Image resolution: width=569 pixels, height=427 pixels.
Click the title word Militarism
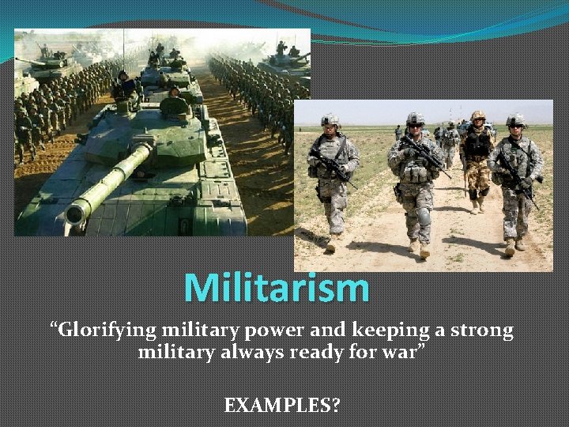click(277, 288)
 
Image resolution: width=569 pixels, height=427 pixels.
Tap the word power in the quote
click(251, 331)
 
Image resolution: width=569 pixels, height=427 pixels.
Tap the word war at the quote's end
click(401, 352)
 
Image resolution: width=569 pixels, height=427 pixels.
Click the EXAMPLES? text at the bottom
click(282, 406)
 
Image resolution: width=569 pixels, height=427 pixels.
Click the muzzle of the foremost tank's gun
click(76, 213)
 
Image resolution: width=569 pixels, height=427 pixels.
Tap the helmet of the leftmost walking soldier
click(330, 119)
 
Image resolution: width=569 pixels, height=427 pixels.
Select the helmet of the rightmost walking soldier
click(516, 119)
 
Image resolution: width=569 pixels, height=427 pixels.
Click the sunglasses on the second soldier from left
click(415, 125)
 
